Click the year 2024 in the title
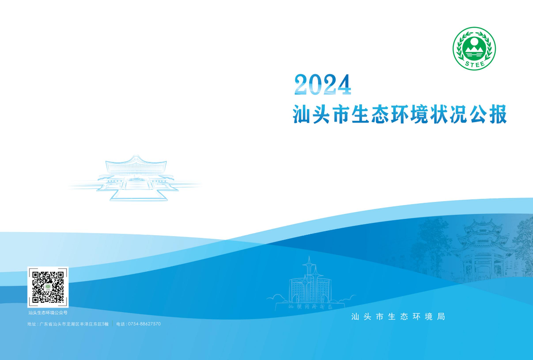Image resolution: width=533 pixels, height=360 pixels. [x=322, y=84]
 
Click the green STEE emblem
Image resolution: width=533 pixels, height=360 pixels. [x=474, y=48]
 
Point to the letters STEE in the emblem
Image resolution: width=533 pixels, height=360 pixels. [x=474, y=63]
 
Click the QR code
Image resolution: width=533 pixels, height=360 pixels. [x=48, y=287]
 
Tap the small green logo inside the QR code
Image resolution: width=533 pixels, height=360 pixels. [x=48, y=287]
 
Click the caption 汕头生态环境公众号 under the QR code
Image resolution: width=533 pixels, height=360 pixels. [x=48, y=313]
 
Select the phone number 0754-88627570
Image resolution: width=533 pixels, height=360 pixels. [x=144, y=324]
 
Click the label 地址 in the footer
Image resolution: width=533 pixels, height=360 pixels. [x=32, y=324]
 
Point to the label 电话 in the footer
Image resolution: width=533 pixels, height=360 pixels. [x=120, y=324]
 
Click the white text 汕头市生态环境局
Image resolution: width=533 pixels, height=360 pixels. [x=398, y=316]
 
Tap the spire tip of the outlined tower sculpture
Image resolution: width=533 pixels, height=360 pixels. [x=308, y=257]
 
